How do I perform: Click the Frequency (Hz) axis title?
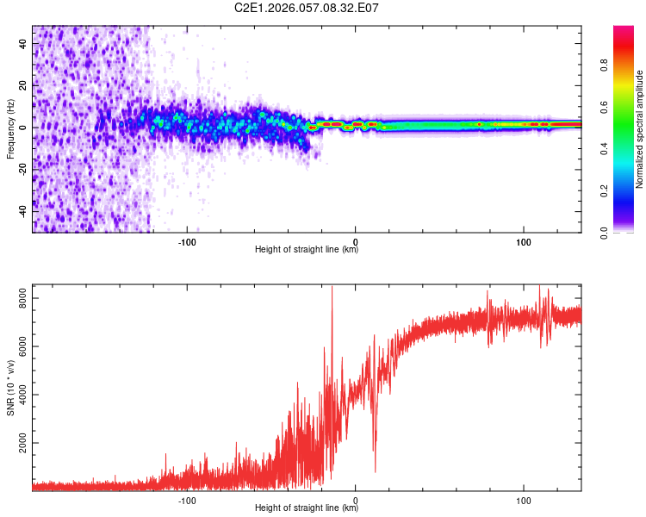[10, 129]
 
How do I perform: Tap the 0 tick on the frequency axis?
[27, 128]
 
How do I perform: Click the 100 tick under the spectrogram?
[524, 240]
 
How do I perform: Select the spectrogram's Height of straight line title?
[307, 250]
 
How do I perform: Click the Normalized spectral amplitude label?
[639, 129]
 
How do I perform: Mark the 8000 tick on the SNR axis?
[19, 297]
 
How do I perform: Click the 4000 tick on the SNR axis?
[19, 396]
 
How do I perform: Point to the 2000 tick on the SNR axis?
[19, 444]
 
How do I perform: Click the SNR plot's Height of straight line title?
[307, 509]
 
